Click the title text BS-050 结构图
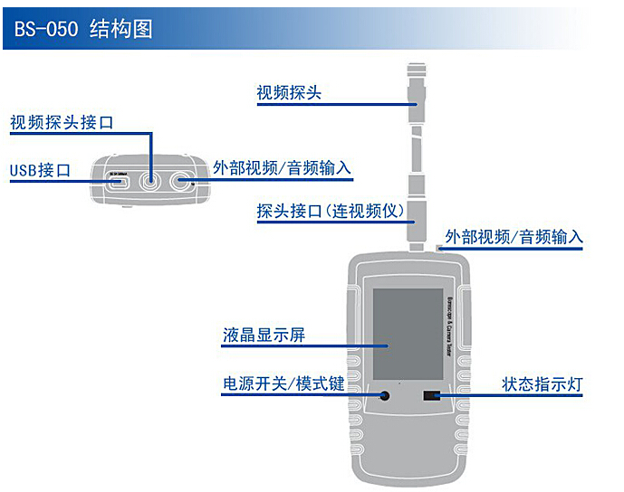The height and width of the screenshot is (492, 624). [83, 29]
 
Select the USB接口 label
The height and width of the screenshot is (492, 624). [40, 170]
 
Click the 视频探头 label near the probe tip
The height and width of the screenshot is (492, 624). [289, 93]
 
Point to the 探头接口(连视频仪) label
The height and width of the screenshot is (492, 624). [330, 212]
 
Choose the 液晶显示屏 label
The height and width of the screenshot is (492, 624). [264, 336]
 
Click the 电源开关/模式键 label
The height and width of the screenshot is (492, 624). [283, 383]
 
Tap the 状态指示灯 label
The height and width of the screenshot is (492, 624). [542, 383]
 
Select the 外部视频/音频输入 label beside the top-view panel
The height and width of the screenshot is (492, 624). [282, 168]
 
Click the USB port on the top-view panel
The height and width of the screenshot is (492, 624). [119, 179]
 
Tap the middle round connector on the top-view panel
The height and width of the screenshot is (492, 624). [151, 180]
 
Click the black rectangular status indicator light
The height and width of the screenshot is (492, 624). [431, 396]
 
